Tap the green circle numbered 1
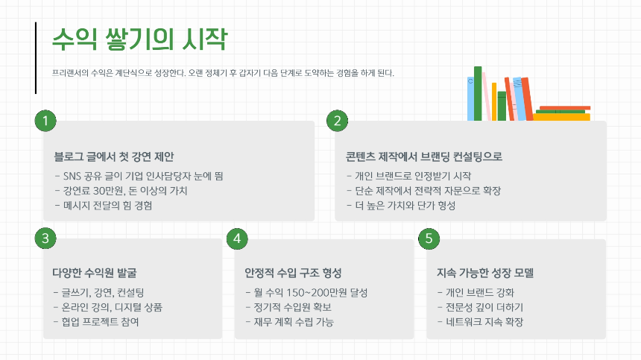coord(45,121)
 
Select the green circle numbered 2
coord(338,121)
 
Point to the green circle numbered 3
coord(45,239)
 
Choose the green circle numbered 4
coord(237,239)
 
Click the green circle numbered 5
coord(429,239)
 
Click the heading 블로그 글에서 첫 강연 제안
coord(113,157)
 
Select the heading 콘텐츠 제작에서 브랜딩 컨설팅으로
coord(423,157)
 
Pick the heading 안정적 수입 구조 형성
coord(293,272)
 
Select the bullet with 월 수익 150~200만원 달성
coord(306,293)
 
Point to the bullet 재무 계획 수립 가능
coord(289,323)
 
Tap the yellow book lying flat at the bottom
coord(561,117)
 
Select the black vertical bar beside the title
coord(36,58)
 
